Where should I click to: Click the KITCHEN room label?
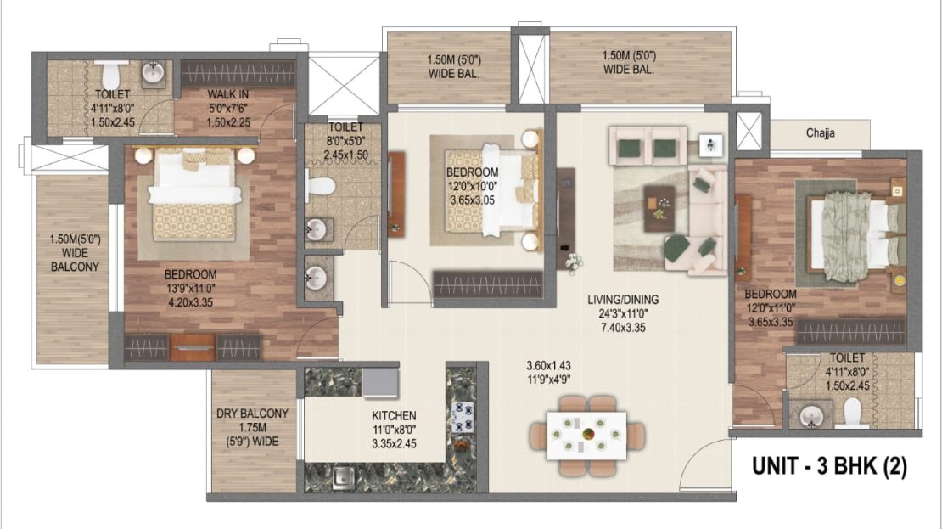pos(394,415)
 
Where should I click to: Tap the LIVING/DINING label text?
pos(623,300)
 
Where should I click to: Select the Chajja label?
pos(820,133)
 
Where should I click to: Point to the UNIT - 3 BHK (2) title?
pos(830,466)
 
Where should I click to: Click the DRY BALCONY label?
pos(252,414)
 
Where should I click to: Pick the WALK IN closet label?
pos(227,94)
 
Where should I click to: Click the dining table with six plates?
pos(586,436)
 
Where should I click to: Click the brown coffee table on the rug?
pos(659,208)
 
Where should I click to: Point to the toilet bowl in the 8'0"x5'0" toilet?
pos(320,186)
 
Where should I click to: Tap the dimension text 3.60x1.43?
pos(548,365)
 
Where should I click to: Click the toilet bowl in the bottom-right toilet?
pos(852,413)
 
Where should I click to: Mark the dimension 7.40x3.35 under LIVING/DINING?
pos(623,328)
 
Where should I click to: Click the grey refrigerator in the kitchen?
pos(380,383)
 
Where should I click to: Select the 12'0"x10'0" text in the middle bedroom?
pos(472,186)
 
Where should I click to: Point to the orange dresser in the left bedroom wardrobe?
pos(193,347)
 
